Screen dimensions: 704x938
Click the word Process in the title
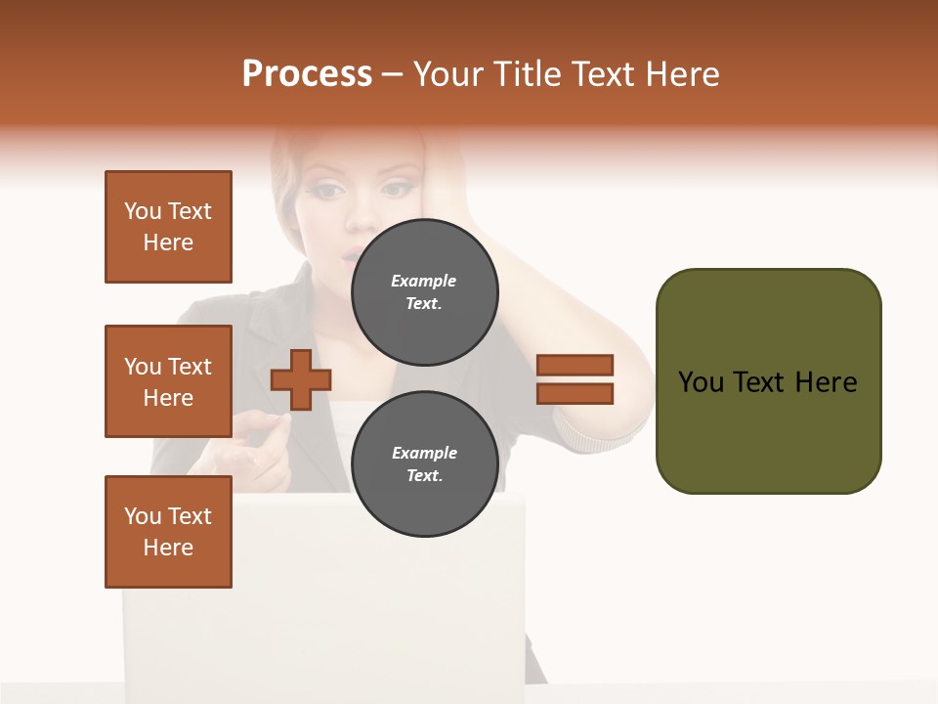point(307,74)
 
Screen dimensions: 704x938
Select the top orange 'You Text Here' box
point(168,227)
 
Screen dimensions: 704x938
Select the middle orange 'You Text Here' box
point(168,381)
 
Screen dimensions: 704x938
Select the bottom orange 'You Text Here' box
point(168,532)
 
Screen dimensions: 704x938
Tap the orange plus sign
point(301,379)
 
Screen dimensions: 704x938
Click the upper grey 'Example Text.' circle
point(424,291)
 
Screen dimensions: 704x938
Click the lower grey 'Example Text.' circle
point(424,463)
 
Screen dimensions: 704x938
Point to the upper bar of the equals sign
point(575,366)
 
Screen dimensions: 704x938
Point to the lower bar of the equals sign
point(575,394)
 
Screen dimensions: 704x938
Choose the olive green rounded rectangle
point(768,381)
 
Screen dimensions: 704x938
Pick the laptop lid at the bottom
point(322,596)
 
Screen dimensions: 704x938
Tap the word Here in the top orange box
point(168,242)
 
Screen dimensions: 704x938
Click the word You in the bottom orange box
point(143,516)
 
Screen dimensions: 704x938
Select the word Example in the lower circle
point(424,453)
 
